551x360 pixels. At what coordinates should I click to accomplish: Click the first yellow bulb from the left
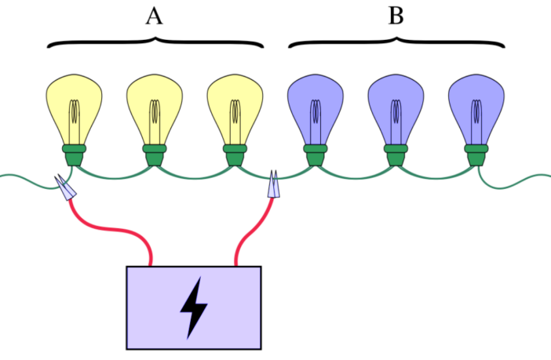pyautogui.click(x=75, y=106)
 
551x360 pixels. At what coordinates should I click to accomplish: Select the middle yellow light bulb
pyautogui.click(x=155, y=106)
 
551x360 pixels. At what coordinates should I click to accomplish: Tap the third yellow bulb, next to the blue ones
pyautogui.click(x=235, y=106)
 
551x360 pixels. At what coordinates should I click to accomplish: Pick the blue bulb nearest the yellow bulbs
pyautogui.click(x=316, y=106)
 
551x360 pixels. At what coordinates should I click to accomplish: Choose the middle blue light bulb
pyautogui.click(x=396, y=106)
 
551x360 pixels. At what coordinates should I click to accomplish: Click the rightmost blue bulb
pyautogui.click(x=476, y=106)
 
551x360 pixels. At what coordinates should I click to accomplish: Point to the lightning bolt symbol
pyautogui.click(x=193, y=307)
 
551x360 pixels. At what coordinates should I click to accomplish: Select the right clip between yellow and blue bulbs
pyautogui.click(x=273, y=187)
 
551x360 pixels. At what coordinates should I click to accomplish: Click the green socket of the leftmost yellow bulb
pyautogui.click(x=75, y=155)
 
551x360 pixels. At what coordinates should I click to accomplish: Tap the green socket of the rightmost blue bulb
pyautogui.click(x=476, y=155)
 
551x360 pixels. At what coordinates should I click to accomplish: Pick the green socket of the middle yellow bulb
pyautogui.click(x=155, y=155)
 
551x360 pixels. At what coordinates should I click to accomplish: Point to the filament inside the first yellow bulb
pyautogui.click(x=75, y=118)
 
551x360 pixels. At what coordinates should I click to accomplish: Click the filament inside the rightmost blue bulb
pyautogui.click(x=476, y=118)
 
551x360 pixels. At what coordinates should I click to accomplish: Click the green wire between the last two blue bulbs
pyautogui.click(x=436, y=177)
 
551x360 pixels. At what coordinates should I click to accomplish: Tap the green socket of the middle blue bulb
pyautogui.click(x=396, y=155)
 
